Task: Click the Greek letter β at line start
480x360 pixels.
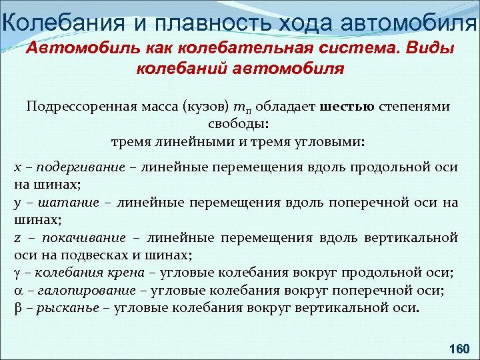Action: pyautogui.click(x=18, y=308)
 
